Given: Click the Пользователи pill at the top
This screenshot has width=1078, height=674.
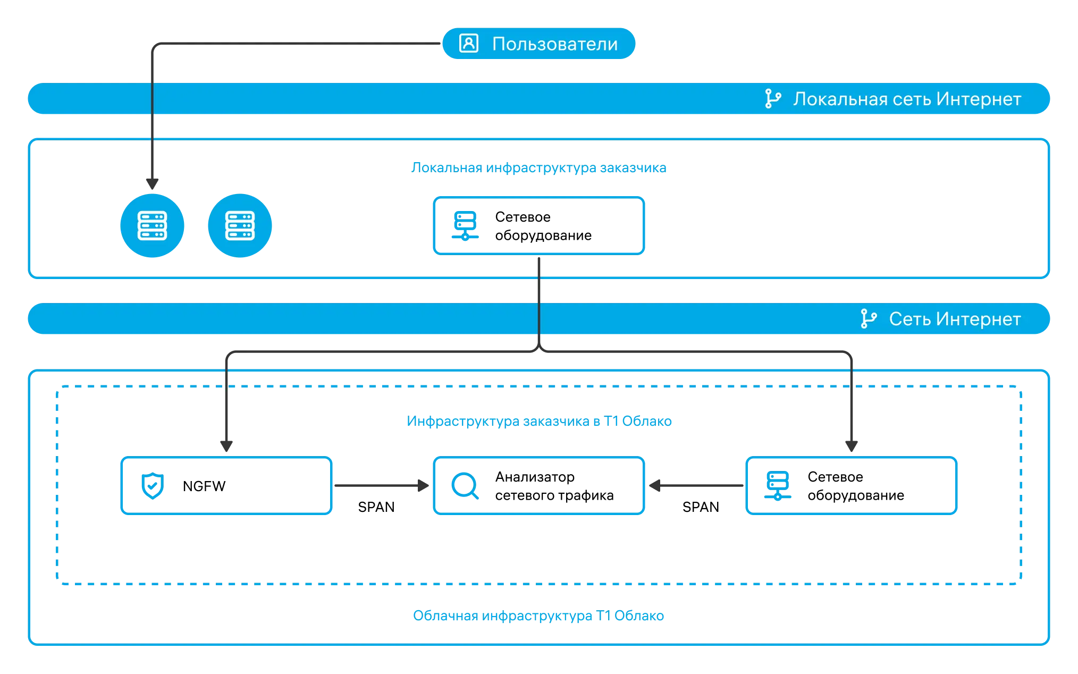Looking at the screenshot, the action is tap(538, 44).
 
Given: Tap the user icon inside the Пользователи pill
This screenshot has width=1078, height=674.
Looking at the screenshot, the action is tap(469, 43).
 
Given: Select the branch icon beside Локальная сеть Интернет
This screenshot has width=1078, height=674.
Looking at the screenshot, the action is tap(773, 99).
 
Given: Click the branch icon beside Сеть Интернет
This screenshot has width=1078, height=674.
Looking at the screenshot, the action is tap(869, 319).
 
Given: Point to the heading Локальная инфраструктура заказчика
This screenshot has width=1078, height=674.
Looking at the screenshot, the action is tap(538, 168).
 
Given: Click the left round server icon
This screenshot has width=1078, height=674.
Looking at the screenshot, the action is tap(153, 226).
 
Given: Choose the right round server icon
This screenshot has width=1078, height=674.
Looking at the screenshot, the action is tap(240, 226).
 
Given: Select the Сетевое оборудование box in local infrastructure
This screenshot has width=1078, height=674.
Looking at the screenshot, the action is tap(539, 226).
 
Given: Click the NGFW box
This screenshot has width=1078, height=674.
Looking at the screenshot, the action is tap(226, 486).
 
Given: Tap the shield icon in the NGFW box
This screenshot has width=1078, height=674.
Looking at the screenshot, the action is tap(153, 486).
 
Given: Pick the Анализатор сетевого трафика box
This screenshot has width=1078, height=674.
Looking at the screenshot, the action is tap(539, 486).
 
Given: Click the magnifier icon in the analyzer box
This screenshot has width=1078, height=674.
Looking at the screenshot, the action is tap(465, 486).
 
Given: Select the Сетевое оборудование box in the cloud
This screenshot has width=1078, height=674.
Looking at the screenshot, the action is tap(852, 486).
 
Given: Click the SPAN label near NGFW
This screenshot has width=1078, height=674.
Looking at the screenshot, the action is tap(376, 507).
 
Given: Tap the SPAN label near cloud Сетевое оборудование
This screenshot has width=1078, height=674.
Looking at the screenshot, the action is tap(701, 507).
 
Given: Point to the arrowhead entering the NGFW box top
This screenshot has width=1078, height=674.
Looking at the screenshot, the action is tap(226, 446).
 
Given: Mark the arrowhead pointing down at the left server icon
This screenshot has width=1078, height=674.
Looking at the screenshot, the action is tap(153, 184).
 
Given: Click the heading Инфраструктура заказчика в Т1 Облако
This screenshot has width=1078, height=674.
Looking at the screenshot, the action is tap(539, 422).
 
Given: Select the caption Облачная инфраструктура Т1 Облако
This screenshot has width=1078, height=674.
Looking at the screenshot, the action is tap(538, 616).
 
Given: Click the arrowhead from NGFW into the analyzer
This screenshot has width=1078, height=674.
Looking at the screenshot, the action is tap(424, 485).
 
